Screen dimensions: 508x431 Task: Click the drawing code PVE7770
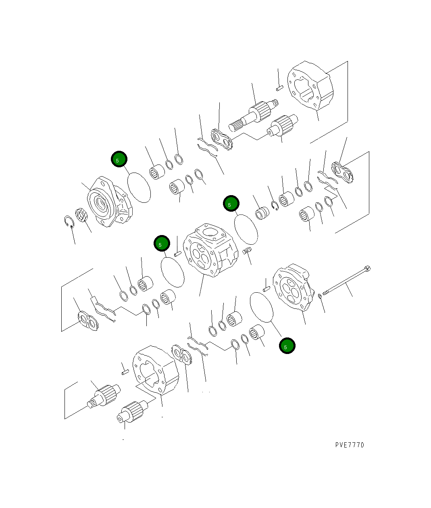[x=349, y=445]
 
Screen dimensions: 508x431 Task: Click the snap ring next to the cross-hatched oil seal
[x=69, y=222]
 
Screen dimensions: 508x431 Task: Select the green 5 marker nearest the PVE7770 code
[x=287, y=346]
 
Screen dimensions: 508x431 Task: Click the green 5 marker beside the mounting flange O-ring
[x=119, y=159]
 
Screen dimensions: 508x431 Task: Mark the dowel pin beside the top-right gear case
[x=280, y=87]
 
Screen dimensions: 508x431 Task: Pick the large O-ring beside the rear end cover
[x=262, y=307]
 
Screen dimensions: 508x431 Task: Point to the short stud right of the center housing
[x=247, y=252]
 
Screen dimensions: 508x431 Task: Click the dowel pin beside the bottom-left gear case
[x=125, y=372]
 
